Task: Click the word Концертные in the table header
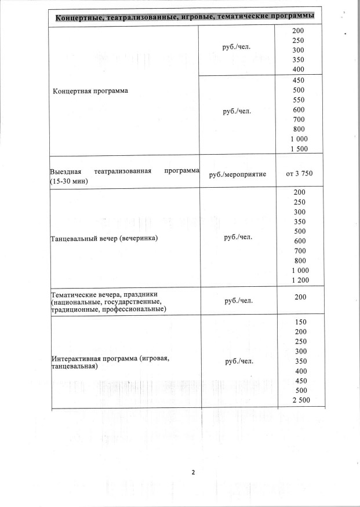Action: [81, 15]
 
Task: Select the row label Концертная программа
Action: [90, 91]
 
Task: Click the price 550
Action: [299, 100]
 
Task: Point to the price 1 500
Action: [299, 149]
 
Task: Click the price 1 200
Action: [299, 280]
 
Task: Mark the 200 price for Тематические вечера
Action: [299, 297]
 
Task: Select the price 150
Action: [299, 322]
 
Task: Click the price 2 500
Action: [299, 401]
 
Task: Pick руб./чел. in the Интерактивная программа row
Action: [237, 362]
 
